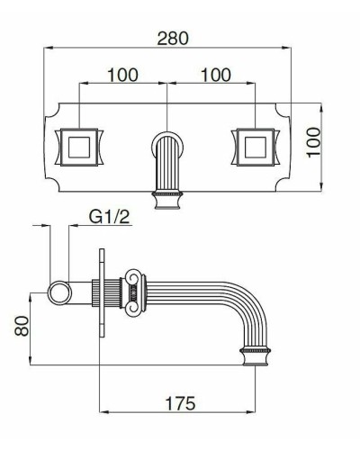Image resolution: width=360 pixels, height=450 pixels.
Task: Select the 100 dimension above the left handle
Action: click(123, 75)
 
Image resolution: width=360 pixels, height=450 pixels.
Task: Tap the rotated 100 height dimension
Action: click(315, 142)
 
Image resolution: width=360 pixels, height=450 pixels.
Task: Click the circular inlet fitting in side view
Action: click(59, 291)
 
